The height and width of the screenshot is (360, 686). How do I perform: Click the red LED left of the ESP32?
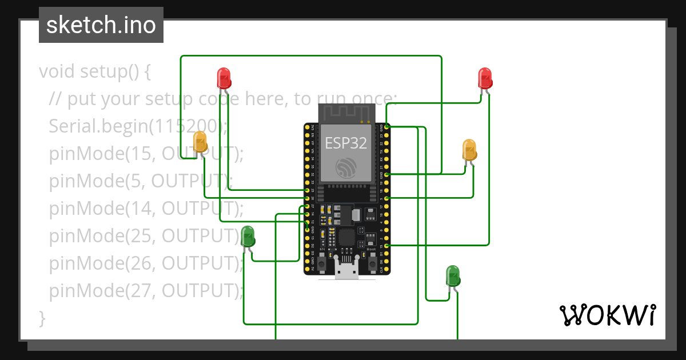(x=224, y=78)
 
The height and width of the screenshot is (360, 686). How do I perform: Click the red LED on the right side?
(x=485, y=78)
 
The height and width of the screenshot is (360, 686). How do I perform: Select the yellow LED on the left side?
(x=200, y=141)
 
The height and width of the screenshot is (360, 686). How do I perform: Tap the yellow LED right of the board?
(x=469, y=149)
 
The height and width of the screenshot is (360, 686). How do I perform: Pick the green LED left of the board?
(x=248, y=236)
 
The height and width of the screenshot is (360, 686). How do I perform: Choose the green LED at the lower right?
(x=452, y=275)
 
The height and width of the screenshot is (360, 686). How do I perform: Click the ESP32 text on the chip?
(x=346, y=143)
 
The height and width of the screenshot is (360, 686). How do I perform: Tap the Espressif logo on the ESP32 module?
(x=346, y=166)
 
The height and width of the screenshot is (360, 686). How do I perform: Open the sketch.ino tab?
(x=101, y=25)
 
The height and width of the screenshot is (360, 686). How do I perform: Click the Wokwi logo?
(x=607, y=315)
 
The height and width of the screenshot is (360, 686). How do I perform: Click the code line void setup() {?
(x=95, y=72)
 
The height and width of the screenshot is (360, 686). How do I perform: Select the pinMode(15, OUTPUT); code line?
(x=146, y=154)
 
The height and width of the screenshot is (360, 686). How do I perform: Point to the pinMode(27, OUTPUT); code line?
(x=146, y=291)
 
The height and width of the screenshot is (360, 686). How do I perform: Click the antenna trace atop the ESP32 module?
(x=346, y=112)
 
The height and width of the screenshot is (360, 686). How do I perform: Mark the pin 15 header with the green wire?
(x=387, y=245)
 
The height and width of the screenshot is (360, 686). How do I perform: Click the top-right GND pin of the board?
(x=387, y=126)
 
